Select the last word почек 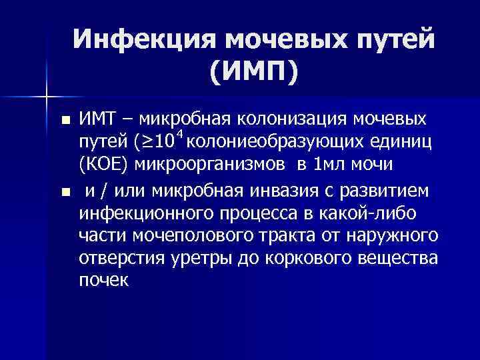(103, 281)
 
